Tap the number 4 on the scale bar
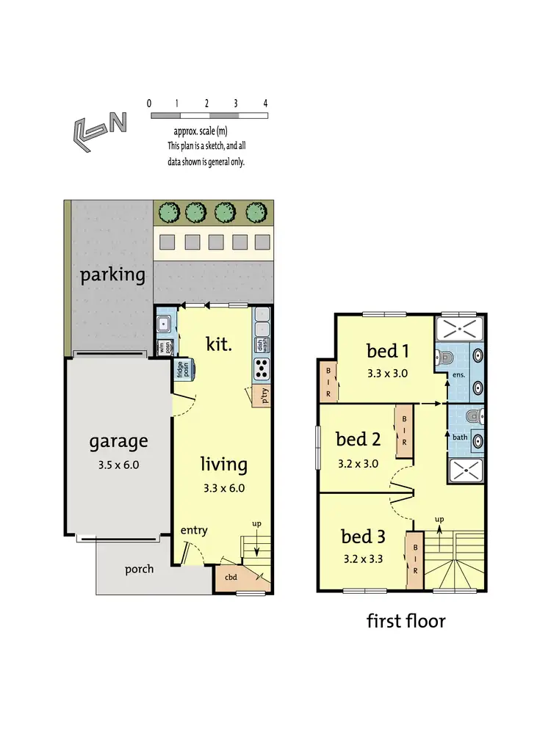pyautogui.click(x=264, y=103)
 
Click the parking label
pyautogui.click(x=112, y=275)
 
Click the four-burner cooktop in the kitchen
pyautogui.click(x=262, y=369)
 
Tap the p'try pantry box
pyautogui.click(x=261, y=396)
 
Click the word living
pyautogui.click(x=224, y=464)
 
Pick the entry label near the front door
pyautogui.click(x=195, y=531)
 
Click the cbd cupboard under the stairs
pyautogui.click(x=231, y=578)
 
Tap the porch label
pyautogui.click(x=139, y=569)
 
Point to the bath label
pyautogui.click(x=461, y=437)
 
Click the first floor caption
pyautogui.click(x=406, y=621)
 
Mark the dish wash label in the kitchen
pyautogui.click(x=261, y=344)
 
